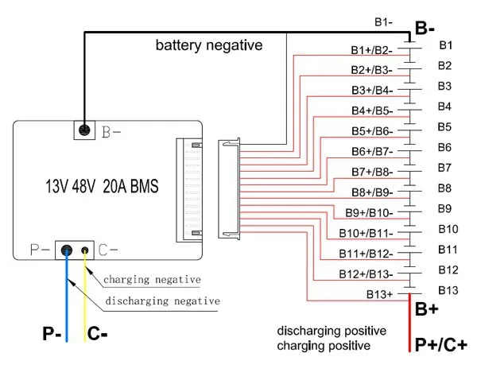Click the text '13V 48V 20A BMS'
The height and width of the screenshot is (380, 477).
101,188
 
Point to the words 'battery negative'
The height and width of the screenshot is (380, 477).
208,46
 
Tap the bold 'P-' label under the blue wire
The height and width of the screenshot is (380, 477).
53,335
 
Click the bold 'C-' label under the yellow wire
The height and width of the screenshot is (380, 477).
97,335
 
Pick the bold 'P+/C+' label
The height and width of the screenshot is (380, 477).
440,345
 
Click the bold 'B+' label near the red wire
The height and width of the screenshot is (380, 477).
427,309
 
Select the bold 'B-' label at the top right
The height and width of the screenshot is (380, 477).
425,29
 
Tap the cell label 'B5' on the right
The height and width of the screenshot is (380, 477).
444,126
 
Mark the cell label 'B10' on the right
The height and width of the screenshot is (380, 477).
448,229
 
